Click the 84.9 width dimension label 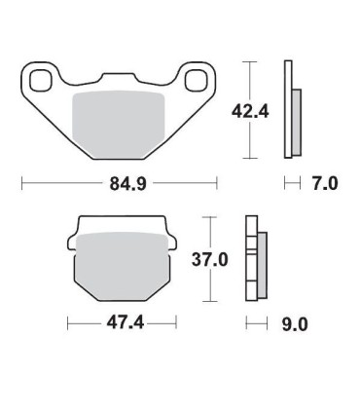(x=121, y=182)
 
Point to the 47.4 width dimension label (x=121, y=321)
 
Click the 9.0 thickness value (x=291, y=323)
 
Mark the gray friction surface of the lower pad (x=121, y=264)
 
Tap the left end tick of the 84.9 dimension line (x=22, y=182)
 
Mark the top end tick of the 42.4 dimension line (x=252, y=61)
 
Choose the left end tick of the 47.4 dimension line (x=66, y=321)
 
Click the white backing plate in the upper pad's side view (x=288, y=108)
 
